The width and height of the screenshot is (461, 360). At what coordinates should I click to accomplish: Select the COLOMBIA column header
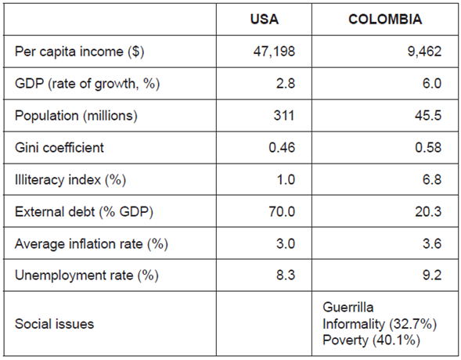pos(384,18)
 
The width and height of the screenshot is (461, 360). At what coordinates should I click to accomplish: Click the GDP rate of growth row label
pos(87,84)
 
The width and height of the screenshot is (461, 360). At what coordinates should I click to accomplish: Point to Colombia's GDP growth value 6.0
pos(430,84)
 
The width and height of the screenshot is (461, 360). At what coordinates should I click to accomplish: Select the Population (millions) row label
pos(76,116)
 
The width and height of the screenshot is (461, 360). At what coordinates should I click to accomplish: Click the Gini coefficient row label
pos(59,147)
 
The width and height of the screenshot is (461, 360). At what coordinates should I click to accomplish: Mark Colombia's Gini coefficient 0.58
pos(429,147)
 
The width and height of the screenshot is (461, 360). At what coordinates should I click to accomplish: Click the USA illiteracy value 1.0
pos(285,179)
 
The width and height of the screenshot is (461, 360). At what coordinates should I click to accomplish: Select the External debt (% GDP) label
pos(75,211)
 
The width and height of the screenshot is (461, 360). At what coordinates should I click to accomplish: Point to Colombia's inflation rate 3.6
pos(431,243)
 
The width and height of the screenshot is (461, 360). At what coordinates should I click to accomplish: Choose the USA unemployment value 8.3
pos(285,275)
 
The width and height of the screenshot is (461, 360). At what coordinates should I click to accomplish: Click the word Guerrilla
pos(349,307)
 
